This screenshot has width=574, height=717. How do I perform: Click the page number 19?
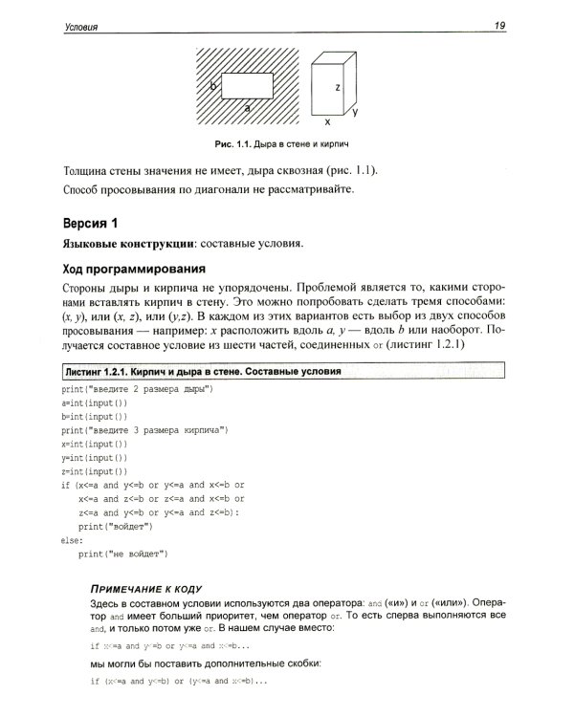pyautogui.click(x=499, y=25)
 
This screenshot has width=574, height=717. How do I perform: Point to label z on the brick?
pyautogui.click(x=338, y=87)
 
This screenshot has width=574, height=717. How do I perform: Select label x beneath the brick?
pyautogui.click(x=326, y=122)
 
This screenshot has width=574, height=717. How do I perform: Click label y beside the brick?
pyautogui.click(x=355, y=112)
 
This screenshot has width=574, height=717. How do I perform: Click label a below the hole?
pyautogui.click(x=248, y=109)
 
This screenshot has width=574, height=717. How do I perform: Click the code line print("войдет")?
pyautogui.click(x=115, y=526)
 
